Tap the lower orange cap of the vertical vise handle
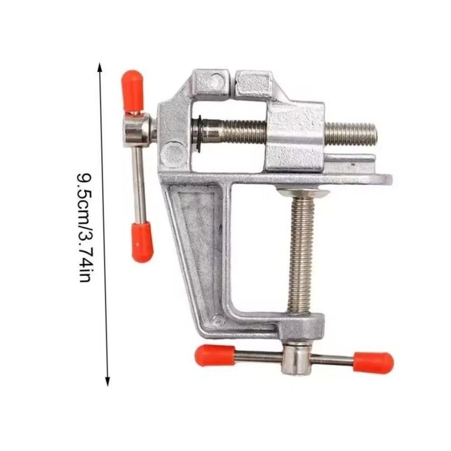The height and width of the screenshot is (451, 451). coord(142,242)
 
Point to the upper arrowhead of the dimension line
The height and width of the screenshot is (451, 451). coord(100,68)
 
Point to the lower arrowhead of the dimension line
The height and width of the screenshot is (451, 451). coord(107,380)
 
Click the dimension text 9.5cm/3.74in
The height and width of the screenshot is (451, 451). coord(85,227)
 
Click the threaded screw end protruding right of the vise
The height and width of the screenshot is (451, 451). coord(351,134)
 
